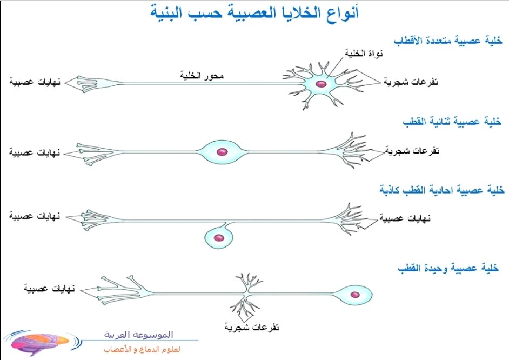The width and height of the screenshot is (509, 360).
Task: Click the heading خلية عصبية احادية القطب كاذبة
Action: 441,190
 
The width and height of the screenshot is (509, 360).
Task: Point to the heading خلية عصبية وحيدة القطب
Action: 447,269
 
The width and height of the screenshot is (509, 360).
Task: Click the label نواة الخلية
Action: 363,54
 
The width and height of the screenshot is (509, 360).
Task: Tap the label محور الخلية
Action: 201,76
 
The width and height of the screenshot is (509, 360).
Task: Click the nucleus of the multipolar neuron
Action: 321,84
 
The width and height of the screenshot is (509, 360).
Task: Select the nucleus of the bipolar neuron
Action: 221,152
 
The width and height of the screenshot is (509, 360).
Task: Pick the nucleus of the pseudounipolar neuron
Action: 219,237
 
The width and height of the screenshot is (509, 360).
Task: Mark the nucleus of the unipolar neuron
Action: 355,295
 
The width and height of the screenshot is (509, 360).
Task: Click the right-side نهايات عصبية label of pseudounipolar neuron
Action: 403,219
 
